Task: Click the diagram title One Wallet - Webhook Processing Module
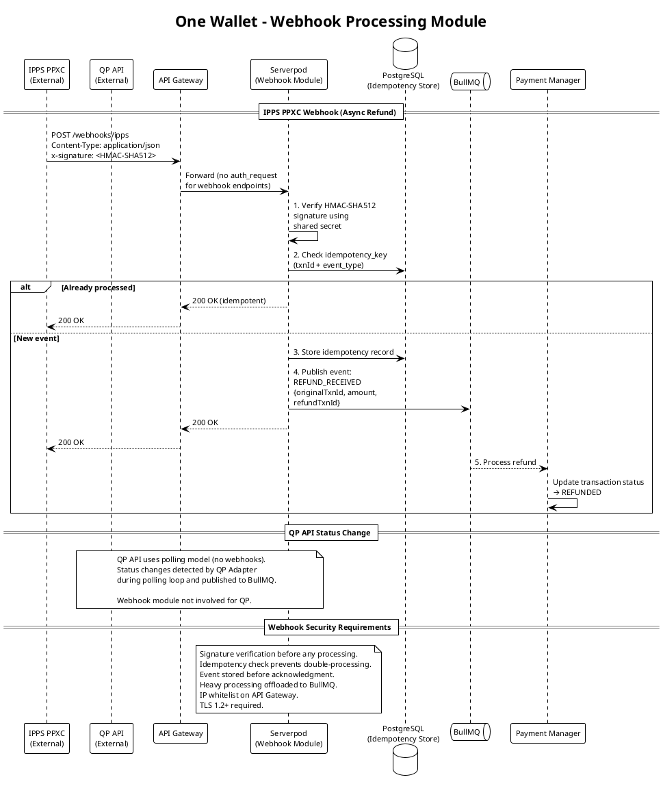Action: pos(330,21)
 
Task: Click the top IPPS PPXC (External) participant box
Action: pos(47,75)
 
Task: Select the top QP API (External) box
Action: pos(111,75)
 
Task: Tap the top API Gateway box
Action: pos(180,79)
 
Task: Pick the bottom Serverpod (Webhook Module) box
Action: pos(289,738)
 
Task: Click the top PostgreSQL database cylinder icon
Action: pos(405,53)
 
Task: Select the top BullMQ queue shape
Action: pos(470,81)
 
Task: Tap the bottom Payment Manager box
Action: pos(548,733)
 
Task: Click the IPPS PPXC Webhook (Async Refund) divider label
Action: pos(330,112)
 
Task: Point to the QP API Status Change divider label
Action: pos(330,533)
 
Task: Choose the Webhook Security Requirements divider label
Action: pos(330,627)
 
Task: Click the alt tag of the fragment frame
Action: pos(25,288)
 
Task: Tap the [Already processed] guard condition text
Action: pos(98,288)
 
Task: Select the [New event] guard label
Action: pos(36,338)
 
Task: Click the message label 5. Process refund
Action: pos(505,462)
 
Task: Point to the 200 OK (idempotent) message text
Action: pos(229,301)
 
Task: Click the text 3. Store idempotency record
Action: pos(343,352)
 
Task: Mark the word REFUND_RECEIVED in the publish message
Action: pos(327,382)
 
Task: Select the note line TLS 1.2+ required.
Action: pos(231,705)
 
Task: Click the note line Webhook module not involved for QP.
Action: pos(184,600)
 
